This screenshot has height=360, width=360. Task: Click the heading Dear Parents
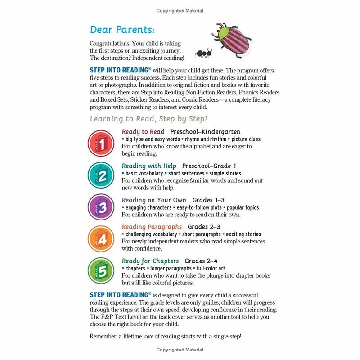pos(122,30)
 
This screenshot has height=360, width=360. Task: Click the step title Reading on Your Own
pos(154,200)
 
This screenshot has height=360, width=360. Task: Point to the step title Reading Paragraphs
pos(152,227)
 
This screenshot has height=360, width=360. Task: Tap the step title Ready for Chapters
pos(150,261)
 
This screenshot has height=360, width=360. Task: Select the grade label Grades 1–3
pos(209,200)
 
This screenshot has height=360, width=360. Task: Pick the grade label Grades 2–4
pos(201,261)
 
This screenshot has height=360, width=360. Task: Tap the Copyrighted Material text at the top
pos(180,10)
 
